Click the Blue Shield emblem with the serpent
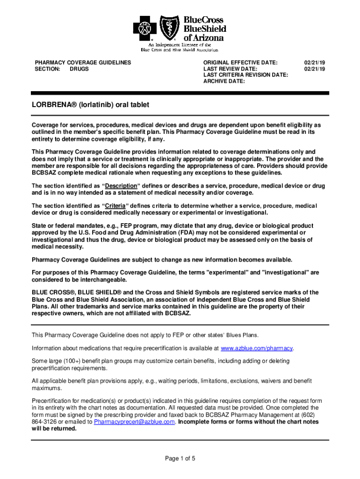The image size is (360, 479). tap(169, 28)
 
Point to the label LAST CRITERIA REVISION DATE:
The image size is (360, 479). tap(245, 75)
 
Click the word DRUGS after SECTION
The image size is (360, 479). tap(79, 69)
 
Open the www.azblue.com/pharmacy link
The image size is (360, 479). tap(257, 348)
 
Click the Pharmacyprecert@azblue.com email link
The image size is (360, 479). tap(134, 421)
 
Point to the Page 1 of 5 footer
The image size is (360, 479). tap(180, 458)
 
